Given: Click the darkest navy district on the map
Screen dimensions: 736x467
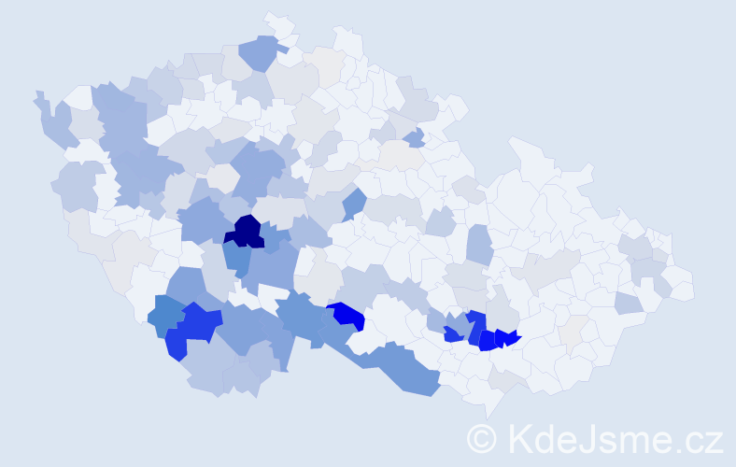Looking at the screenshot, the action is [247, 231].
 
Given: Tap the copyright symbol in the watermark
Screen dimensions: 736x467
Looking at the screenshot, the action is [482, 437].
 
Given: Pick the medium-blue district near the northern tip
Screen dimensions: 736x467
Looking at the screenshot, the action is [262, 51].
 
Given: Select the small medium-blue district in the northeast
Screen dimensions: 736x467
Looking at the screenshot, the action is [415, 138].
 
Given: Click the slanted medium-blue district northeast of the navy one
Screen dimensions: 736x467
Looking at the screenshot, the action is [353, 203].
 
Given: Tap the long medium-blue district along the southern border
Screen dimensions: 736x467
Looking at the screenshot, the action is [406, 369].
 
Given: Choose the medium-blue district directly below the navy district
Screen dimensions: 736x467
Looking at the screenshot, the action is [237, 258].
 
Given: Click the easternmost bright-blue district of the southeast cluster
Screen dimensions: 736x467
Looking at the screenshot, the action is [507, 337].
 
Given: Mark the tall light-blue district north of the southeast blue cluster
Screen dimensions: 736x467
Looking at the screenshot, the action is [478, 245].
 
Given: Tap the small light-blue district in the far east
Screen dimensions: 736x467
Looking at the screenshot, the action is [628, 303].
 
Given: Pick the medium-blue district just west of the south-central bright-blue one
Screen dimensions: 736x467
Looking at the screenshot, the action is [301, 315].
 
